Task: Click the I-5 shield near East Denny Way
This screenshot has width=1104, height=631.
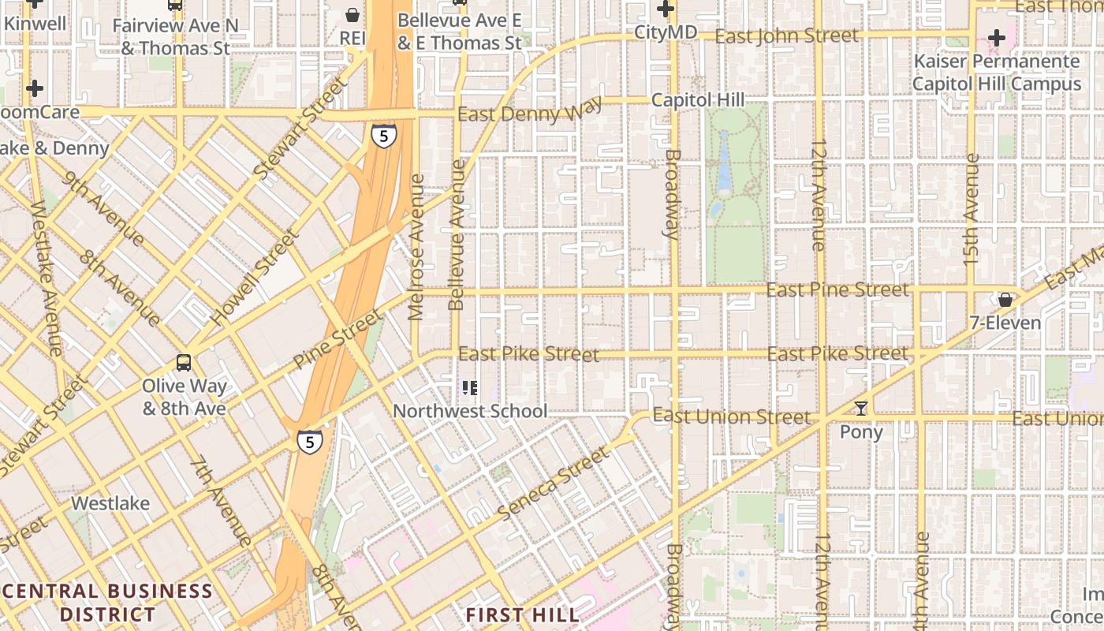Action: coord(383,136)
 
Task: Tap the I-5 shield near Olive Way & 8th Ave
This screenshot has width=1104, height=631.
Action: coord(310,442)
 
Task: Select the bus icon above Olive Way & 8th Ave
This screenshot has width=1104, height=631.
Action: coord(184,363)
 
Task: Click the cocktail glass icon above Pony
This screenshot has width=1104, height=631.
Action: coord(861,409)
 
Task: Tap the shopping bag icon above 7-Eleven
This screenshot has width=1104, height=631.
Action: coord(1005,300)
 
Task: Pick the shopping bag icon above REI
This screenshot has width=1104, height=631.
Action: coord(352,14)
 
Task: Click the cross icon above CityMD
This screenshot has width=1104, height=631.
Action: coord(666,9)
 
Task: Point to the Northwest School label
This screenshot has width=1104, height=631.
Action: coord(470,411)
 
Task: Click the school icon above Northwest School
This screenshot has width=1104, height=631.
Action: coord(470,387)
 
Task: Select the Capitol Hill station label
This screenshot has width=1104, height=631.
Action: coord(698,100)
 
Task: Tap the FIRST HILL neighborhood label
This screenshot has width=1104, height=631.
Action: coord(522,614)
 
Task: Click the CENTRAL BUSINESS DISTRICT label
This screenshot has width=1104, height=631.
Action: coord(108,602)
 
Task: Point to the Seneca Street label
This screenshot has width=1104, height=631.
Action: coord(554,483)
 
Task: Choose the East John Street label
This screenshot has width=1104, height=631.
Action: coord(787,35)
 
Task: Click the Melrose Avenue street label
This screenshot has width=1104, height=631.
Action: coord(416,247)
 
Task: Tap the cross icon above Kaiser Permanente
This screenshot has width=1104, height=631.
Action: coord(996,37)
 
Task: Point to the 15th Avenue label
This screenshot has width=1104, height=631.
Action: coord(971,209)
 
